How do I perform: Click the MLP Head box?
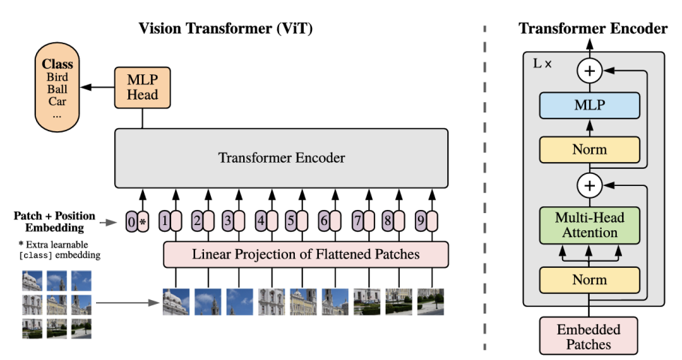tap(142, 86)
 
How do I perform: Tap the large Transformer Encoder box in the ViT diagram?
tap(281, 158)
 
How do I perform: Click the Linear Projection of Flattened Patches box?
tap(305, 254)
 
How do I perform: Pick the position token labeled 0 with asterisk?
tap(137, 222)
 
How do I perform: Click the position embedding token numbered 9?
tap(425, 222)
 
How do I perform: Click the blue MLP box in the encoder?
tap(589, 106)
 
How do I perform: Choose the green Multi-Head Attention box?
tap(589, 225)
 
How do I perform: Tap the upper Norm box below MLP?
tap(589, 149)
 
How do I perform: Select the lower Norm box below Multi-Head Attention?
tap(589, 279)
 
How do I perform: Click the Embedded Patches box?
tap(589, 336)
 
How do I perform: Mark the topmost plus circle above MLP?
tap(589, 71)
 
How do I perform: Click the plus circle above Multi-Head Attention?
tap(589, 184)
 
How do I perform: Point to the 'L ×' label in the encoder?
tap(542, 64)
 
